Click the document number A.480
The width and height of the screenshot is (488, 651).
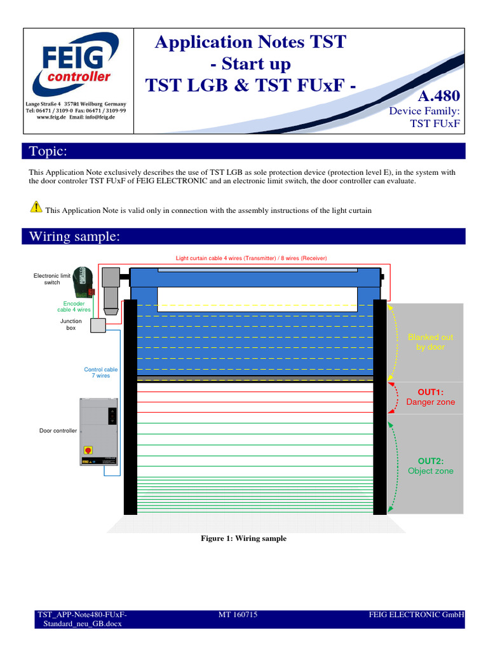tap(438, 96)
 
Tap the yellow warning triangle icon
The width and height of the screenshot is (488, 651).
tap(36, 207)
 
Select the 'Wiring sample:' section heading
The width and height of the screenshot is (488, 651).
tap(74, 236)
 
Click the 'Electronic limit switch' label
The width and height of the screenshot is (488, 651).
tap(52, 278)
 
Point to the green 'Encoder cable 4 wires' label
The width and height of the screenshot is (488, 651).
tap(74, 306)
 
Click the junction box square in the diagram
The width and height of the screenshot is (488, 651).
tap(98, 325)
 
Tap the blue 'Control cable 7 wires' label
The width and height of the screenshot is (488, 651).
tap(100, 373)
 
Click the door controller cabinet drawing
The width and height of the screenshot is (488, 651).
tap(99, 431)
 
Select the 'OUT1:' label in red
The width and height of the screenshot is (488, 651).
tap(430, 392)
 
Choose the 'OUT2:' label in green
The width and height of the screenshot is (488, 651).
tap(430, 460)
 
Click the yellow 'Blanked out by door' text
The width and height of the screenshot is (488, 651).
tap(430, 342)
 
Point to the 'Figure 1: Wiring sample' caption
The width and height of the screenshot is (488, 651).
tap(243, 538)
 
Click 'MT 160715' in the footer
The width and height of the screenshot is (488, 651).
tap(238, 615)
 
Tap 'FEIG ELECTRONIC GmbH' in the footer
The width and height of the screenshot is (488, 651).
tap(416, 615)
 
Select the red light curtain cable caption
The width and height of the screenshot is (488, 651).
tap(251, 258)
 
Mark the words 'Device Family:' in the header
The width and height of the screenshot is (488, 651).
tap(424, 111)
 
